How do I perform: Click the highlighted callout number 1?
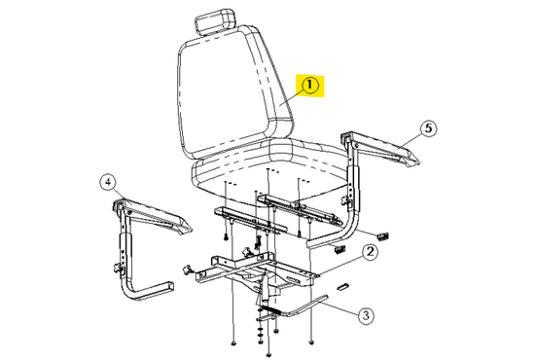coord(309,86)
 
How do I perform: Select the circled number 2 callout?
coord(371,253)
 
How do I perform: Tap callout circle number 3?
coord(366,314)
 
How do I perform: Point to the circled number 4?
coord(108,180)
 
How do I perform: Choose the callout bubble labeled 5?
coord(425,127)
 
